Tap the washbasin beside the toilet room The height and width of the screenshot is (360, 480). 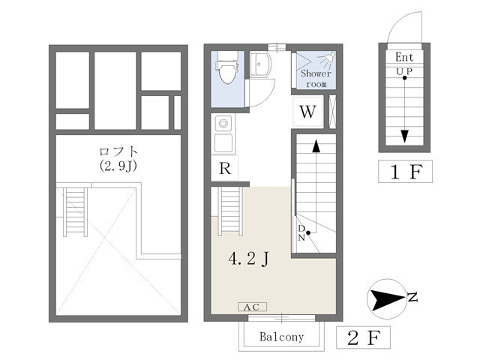pyautogui.click(x=260, y=64)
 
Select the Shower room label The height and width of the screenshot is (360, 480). pyautogui.click(x=316, y=78)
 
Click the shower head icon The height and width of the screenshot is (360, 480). pyautogui.click(x=327, y=58)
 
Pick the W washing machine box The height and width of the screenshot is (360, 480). pyautogui.click(x=307, y=112)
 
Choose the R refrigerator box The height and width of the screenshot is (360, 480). pyautogui.click(x=225, y=168)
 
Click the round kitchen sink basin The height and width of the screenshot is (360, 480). pyautogui.click(x=223, y=124)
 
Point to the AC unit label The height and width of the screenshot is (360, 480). pyautogui.click(x=252, y=307)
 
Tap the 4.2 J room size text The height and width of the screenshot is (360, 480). pyautogui.click(x=248, y=259)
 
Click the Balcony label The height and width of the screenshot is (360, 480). pyautogui.click(x=282, y=337)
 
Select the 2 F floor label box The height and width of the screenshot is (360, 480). pyautogui.click(x=363, y=337)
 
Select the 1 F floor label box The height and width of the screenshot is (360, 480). pyautogui.click(x=405, y=172)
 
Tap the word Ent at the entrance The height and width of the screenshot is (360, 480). pyautogui.click(x=404, y=57)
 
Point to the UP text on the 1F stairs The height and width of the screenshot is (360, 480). pyautogui.click(x=404, y=72)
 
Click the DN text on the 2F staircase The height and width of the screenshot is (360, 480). pyautogui.click(x=301, y=232)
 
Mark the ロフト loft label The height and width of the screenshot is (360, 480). pyautogui.click(x=118, y=151)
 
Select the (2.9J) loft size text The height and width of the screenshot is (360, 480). pyautogui.click(x=118, y=166)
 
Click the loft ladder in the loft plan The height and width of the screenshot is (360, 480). pyautogui.click(x=75, y=211)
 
